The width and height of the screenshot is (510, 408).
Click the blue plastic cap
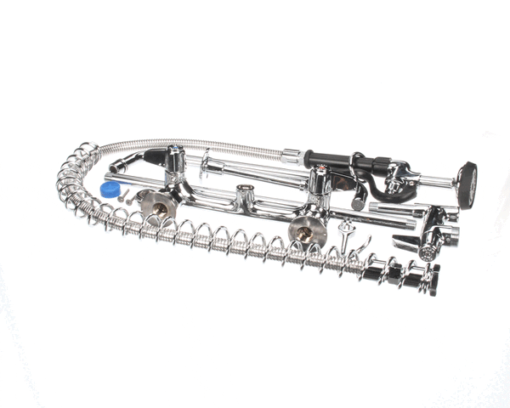110,189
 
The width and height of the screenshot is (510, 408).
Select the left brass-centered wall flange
157,203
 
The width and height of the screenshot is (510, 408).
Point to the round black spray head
467,184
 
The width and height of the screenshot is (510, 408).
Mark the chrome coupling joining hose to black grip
292,156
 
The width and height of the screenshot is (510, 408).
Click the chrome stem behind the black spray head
438,181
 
